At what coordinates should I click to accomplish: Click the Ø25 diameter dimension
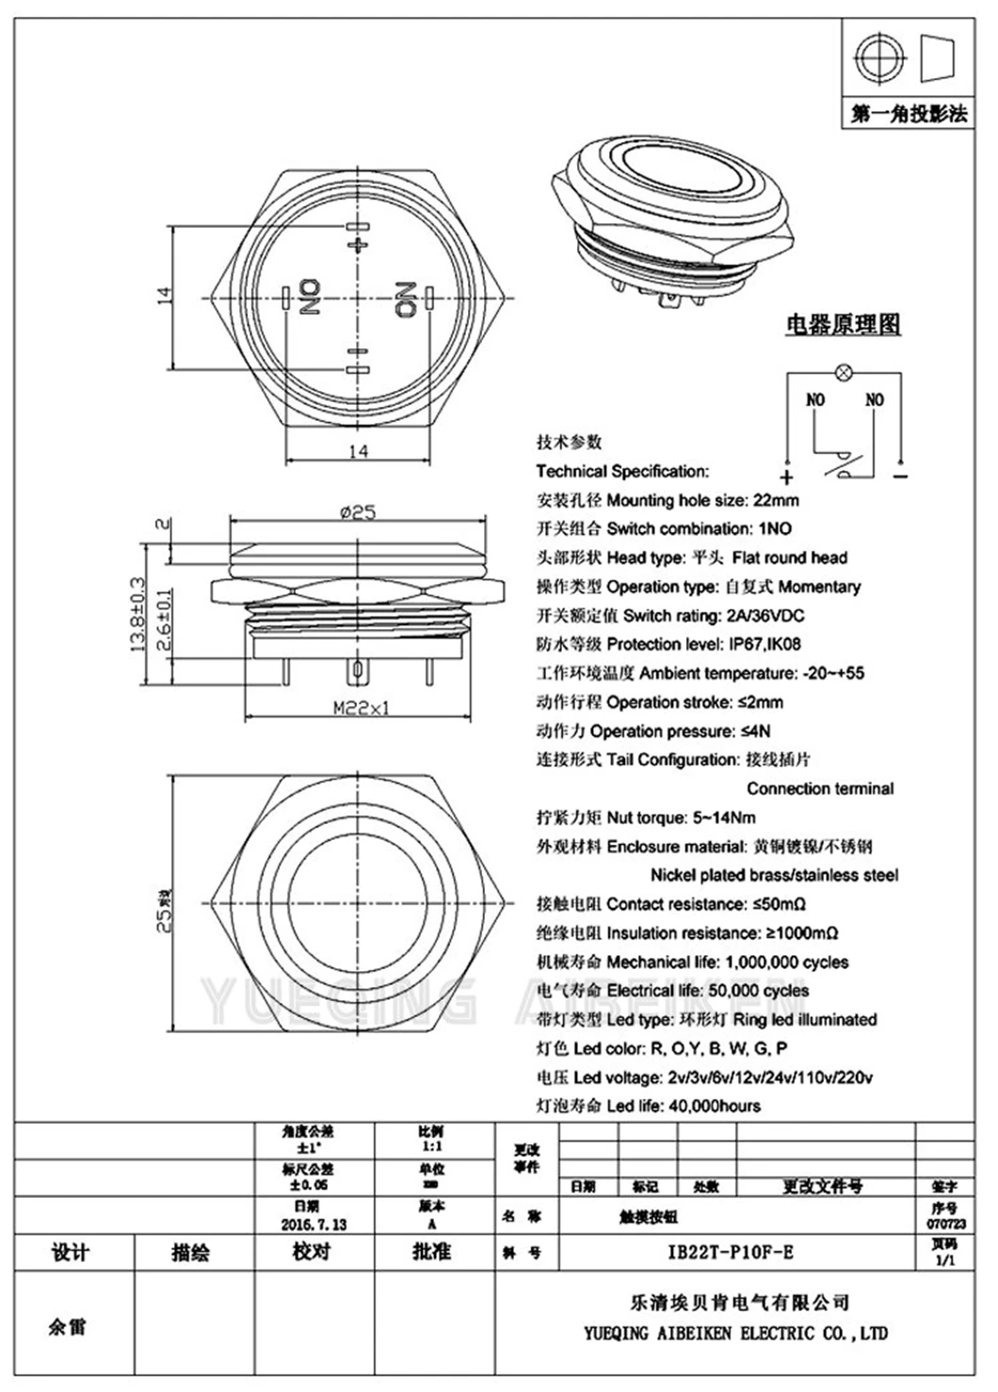point(358,512)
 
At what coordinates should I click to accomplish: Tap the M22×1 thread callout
point(361,708)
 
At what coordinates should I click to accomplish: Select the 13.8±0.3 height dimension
point(136,614)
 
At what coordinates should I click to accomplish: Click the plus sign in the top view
point(357,244)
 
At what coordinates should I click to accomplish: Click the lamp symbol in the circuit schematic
point(845,374)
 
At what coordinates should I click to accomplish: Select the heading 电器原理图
point(844,324)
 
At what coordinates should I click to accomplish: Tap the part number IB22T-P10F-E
point(731,1252)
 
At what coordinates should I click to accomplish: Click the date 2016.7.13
point(314,1224)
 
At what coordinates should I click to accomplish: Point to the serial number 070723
point(945,1223)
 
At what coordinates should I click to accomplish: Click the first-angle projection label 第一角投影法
point(909,114)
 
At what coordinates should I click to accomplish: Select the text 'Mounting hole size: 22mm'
point(702,500)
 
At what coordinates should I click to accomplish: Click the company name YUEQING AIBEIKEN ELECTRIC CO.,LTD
point(735,1333)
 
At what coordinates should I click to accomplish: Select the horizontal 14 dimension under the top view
point(358,451)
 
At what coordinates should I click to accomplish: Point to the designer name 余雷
point(67,1326)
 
